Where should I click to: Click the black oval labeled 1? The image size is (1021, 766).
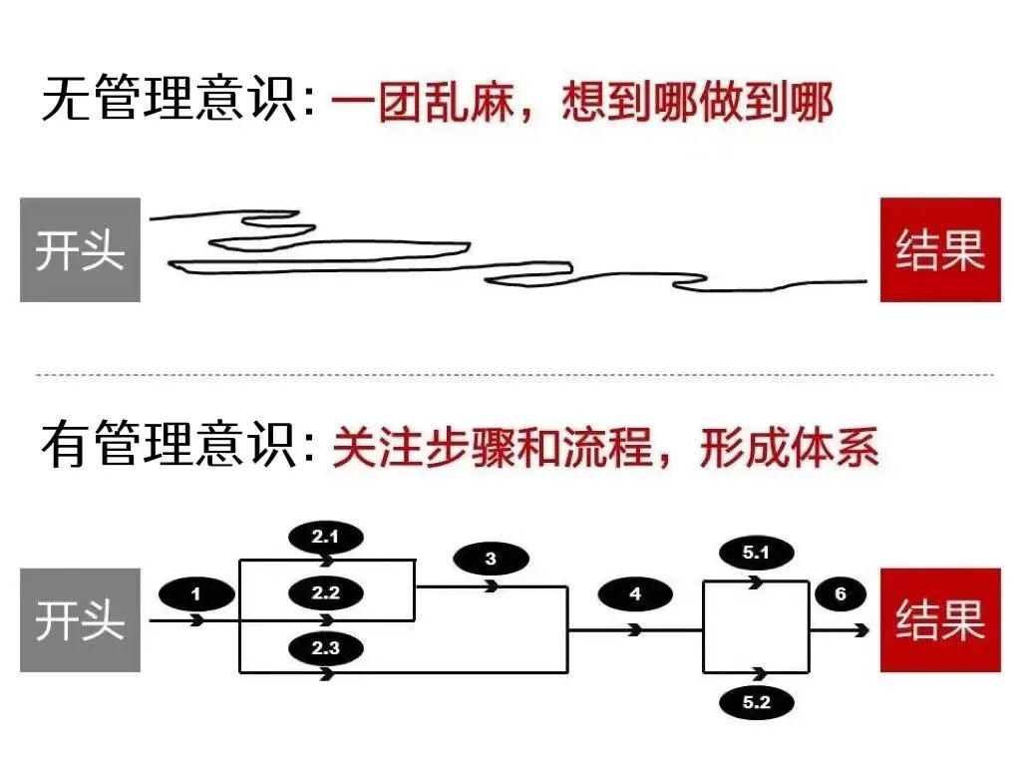(196, 595)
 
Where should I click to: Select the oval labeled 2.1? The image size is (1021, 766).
(325, 538)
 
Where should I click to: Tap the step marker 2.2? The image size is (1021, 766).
(325, 593)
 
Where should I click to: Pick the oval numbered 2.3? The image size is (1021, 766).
(325, 648)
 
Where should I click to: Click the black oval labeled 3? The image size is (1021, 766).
(490, 560)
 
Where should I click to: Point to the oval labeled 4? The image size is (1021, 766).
(635, 595)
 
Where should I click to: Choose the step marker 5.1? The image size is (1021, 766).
(757, 553)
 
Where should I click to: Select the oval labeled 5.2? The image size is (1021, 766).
(757, 702)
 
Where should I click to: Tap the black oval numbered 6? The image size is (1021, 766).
(841, 595)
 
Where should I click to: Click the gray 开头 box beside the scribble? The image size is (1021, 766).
(80, 249)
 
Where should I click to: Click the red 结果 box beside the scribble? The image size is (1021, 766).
(939, 249)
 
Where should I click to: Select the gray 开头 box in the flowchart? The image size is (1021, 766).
(80, 619)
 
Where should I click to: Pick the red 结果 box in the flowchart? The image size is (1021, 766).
(939, 619)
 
